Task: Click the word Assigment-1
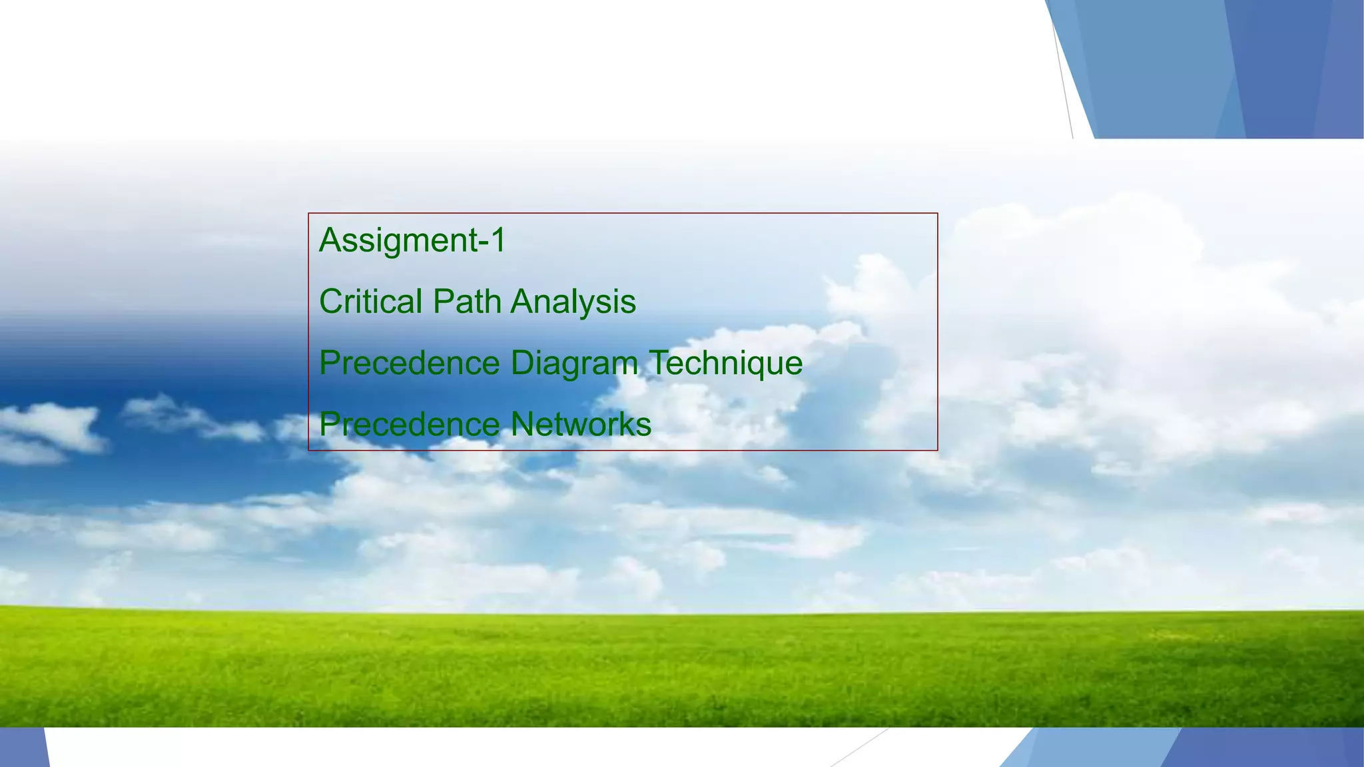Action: [412, 240]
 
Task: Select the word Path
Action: [467, 302]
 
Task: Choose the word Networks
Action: [581, 424]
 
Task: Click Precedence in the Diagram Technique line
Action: [410, 364]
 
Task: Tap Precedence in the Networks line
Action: [410, 425]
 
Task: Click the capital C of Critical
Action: [331, 302]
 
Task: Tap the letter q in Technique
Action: [753, 366]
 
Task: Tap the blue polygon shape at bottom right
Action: [1199, 748]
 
